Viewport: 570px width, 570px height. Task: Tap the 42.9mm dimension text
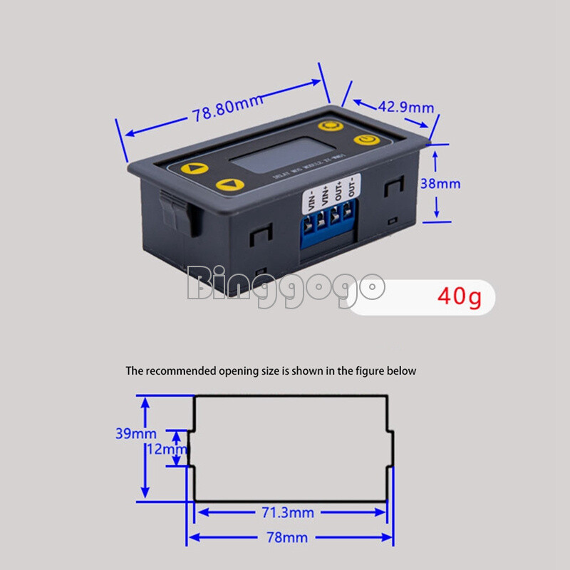[x=405, y=107]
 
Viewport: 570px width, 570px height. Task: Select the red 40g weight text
[x=460, y=296]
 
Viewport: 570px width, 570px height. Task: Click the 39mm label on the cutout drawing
[x=135, y=432]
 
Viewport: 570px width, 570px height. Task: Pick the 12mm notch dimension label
[x=165, y=449]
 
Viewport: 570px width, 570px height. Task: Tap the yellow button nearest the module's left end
[x=193, y=170]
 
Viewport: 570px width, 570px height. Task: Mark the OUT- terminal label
[x=350, y=190]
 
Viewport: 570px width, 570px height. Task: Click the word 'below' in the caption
[x=403, y=371]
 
